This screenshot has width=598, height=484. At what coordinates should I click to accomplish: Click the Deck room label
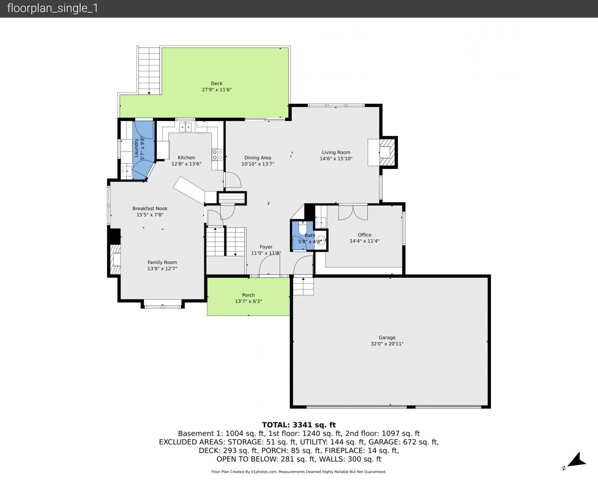[x=216, y=83]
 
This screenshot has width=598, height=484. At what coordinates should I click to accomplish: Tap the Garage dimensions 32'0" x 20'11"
[x=387, y=344]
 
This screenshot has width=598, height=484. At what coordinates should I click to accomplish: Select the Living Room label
[x=336, y=152]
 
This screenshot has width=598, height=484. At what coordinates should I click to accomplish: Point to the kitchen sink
[x=185, y=127]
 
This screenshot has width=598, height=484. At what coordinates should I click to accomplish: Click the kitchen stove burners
[x=217, y=155]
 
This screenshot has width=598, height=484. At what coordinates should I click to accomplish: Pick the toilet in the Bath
[x=303, y=228]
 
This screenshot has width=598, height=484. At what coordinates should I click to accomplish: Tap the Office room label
[x=365, y=235]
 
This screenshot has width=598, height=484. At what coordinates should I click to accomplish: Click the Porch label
[x=249, y=295]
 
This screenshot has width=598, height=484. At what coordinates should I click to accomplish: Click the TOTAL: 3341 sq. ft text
[x=299, y=425]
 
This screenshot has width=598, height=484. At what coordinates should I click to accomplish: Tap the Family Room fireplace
[x=115, y=259]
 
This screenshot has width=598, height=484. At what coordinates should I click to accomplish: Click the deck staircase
[x=149, y=71]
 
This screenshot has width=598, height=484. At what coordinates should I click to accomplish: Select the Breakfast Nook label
[x=150, y=208]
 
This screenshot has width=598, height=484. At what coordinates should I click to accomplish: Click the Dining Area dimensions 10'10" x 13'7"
[x=258, y=164]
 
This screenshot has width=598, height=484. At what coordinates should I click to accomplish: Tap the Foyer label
[x=266, y=247]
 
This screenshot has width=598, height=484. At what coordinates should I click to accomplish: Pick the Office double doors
[x=353, y=212]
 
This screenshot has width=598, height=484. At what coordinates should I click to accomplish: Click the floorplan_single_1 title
[x=52, y=9]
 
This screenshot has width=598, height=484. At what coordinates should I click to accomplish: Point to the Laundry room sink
[x=127, y=171]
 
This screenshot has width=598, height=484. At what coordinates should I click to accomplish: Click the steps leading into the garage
[x=303, y=286]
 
